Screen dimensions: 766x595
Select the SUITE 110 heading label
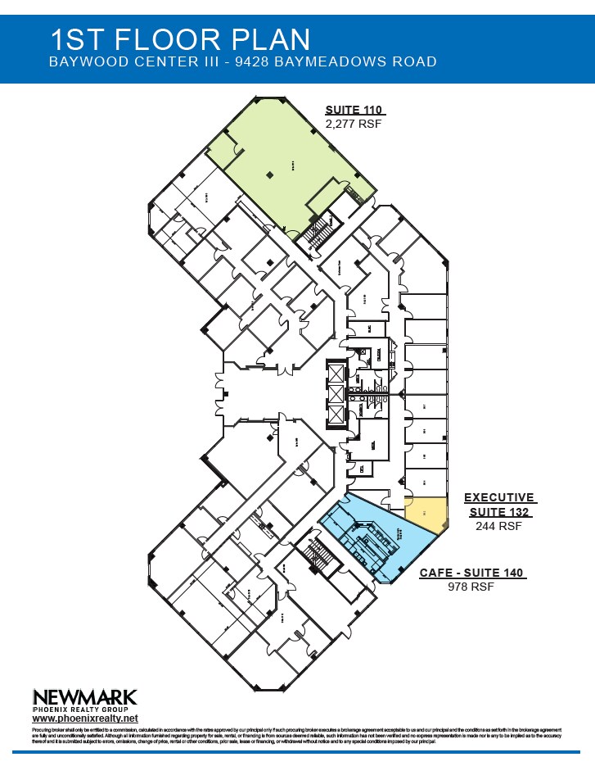pyautogui.click(x=354, y=110)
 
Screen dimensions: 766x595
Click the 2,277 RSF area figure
pyautogui.click(x=354, y=124)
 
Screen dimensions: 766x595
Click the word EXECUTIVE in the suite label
pyautogui.click(x=499, y=497)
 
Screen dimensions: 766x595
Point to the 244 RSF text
pyautogui.click(x=498, y=527)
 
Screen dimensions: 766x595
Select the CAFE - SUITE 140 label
pyautogui.click(x=471, y=573)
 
